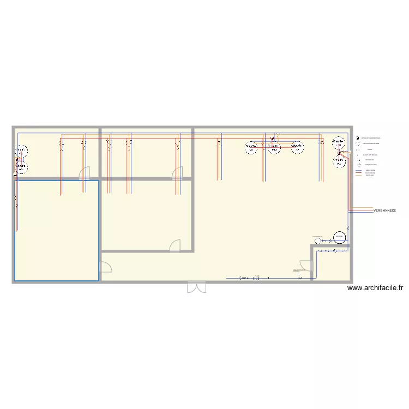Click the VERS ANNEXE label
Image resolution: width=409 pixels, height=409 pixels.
[x=385, y=210]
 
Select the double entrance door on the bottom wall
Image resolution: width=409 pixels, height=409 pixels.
[x=196, y=287]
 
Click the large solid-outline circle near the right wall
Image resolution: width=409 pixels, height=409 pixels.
[x=339, y=237]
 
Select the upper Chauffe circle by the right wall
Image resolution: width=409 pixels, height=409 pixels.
[x=339, y=143]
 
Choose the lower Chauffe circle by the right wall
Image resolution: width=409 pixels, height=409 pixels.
[x=340, y=161]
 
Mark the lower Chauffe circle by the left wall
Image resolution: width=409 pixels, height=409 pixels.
[x=21, y=169]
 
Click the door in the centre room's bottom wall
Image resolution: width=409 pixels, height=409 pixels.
[x=175, y=246]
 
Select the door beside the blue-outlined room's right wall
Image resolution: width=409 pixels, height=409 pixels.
[x=105, y=267]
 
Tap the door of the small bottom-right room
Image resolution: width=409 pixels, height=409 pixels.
[x=306, y=267]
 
